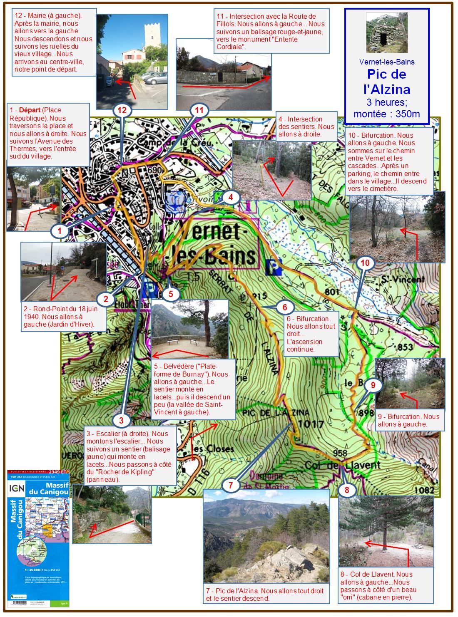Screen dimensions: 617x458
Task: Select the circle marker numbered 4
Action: tap(231, 197)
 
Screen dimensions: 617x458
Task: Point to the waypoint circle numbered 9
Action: tap(373, 385)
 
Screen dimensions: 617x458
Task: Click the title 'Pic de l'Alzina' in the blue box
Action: tap(387, 82)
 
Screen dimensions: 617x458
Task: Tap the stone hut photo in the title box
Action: tap(386, 32)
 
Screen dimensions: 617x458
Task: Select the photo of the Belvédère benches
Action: tap(190, 328)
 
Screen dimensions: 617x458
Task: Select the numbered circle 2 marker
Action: tap(106, 299)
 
